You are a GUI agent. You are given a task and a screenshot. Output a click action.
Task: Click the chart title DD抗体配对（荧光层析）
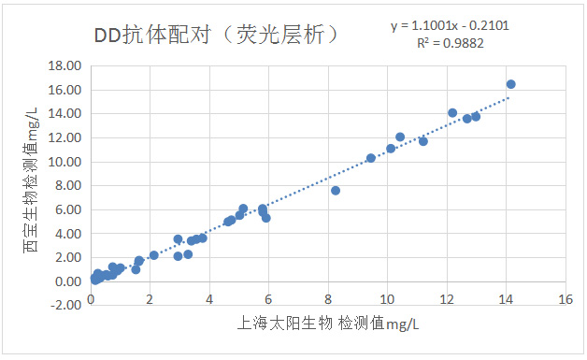point(216,36)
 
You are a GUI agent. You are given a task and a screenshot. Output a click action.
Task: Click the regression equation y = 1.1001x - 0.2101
point(450,26)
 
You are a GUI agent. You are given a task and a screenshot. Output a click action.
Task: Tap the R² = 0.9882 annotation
point(451,43)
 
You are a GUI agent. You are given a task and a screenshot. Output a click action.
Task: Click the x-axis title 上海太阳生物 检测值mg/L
point(327,324)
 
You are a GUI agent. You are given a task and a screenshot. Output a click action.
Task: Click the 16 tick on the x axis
point(565,299)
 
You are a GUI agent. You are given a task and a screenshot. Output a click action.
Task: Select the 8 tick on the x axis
point(327,299)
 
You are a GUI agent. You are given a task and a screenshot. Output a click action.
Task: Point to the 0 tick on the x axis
point(90,299)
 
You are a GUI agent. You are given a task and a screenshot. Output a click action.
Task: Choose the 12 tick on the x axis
point(446,299)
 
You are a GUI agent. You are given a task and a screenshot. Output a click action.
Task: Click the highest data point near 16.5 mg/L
point(510,84)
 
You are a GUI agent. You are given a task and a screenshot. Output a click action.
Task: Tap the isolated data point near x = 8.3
point(336,191)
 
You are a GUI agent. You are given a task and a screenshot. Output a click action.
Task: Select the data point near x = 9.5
point(371,158)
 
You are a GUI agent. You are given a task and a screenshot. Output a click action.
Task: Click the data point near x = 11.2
point(423,141)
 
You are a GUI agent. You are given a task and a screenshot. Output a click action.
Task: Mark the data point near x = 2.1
point(154,255)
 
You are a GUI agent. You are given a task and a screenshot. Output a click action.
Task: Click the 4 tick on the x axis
point(208,299)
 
